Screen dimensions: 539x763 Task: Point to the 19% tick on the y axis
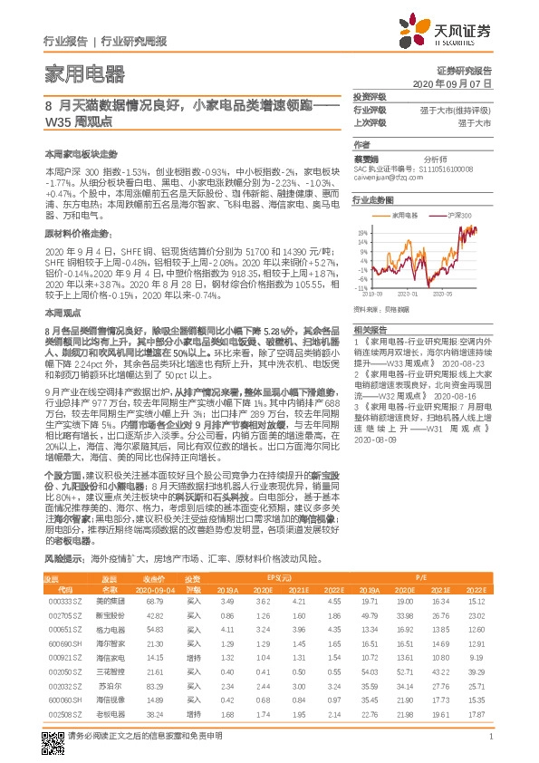click(363, 229)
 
